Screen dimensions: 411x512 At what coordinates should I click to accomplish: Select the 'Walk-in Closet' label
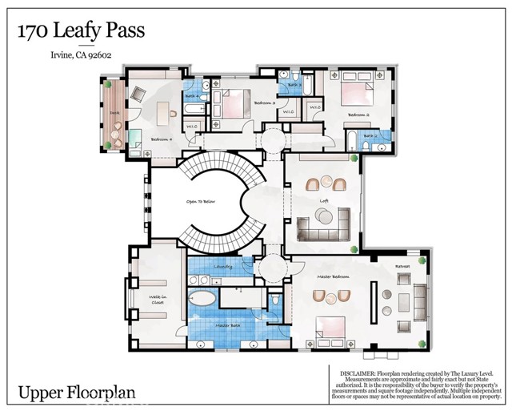[158, 304]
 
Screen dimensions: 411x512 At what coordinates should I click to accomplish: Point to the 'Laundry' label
[223, 266]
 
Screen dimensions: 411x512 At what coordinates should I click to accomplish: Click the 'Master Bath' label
[227, 325]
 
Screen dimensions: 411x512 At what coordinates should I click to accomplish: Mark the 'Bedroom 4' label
[160, 140]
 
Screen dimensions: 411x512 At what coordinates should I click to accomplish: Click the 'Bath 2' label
[369, 136]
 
